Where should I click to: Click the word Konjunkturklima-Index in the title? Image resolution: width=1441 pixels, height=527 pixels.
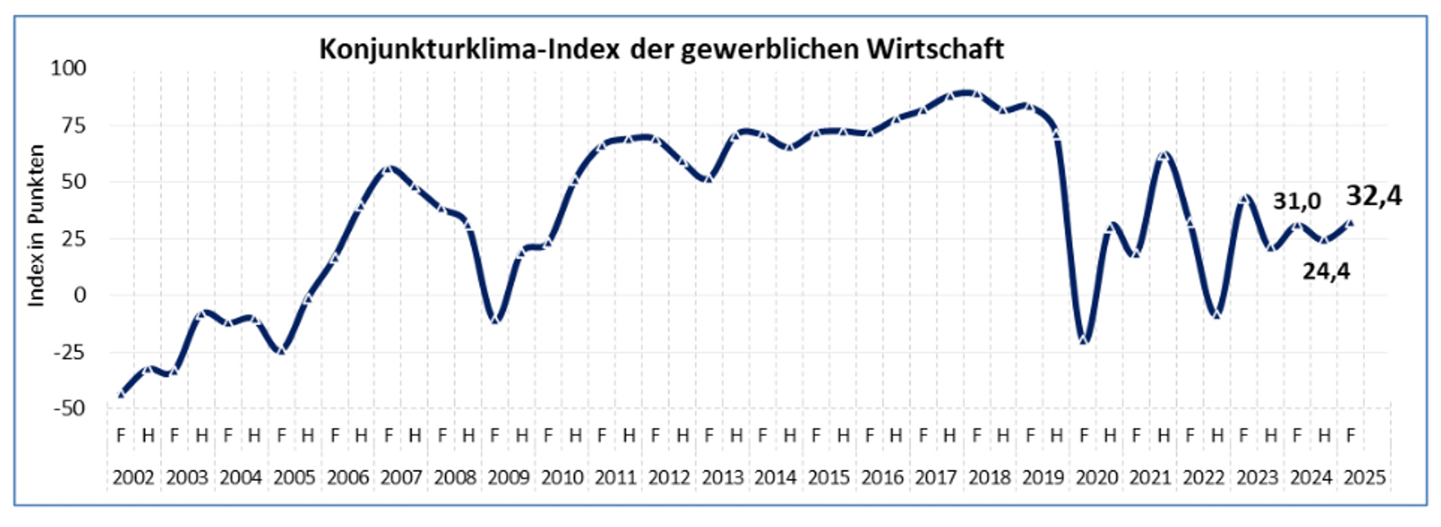469,49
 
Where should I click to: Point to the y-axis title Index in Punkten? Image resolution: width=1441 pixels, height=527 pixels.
37,225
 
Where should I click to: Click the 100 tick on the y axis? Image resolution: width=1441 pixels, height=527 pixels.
69,68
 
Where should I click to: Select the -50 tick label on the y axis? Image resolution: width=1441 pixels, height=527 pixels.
69,409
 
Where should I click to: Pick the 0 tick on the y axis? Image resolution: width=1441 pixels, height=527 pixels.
79,295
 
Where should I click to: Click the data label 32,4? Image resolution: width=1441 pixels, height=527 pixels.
1374,196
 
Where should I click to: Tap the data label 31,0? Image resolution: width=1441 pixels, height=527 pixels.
1296,201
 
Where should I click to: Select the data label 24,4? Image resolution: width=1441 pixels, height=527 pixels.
1326,272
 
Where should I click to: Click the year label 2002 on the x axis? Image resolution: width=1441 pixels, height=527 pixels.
133,478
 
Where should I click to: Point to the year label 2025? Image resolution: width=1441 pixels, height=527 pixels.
1365,478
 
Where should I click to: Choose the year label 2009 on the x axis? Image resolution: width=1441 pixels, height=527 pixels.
509,478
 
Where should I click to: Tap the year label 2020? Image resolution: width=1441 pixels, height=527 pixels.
1096,478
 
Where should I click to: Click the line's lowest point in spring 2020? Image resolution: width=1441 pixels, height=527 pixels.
1084,339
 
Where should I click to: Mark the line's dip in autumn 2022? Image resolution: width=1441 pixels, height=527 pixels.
1217,314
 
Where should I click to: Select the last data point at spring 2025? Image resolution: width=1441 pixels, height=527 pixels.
1351,223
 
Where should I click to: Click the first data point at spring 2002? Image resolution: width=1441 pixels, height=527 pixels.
121,394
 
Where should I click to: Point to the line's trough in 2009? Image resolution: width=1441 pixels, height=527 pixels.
495,319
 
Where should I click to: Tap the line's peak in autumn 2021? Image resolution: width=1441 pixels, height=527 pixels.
1164,155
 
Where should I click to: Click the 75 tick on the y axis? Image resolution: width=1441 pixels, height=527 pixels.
74,125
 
